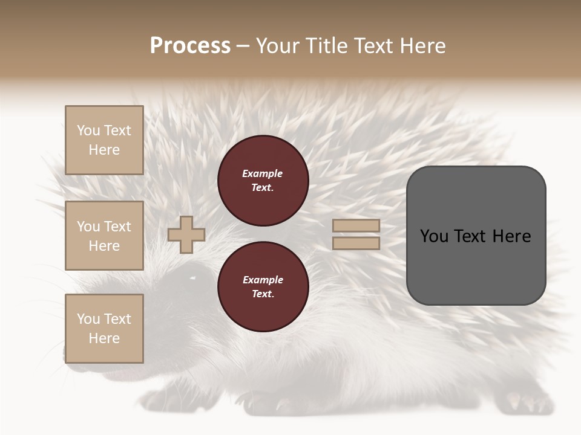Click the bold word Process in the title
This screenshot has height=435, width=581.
click(x=190, y=46)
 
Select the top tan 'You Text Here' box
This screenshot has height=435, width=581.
click(x=104, y=140)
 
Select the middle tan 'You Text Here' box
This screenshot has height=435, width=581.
click(x=104, y=236)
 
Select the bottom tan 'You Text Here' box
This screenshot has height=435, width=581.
click(x=104, y=329)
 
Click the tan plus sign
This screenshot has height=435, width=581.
click(x=186, y=234)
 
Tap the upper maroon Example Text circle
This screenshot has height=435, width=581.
click(x=263, y=181)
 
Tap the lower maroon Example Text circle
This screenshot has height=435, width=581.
click(x=263, y=286)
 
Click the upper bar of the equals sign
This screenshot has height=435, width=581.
click(x=356, y=225)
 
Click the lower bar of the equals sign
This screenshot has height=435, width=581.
click(x=356, y=243)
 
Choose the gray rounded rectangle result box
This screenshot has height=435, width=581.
click(x=476, y=235)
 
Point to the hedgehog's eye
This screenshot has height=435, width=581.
click(x=192, y=278)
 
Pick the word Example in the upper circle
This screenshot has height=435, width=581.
click(x=262, y=173)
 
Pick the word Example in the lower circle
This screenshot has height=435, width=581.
click(x=263, y=280)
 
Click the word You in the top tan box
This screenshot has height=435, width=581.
click(x=88, y=130)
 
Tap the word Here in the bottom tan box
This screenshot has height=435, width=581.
click(x=104, y=338)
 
